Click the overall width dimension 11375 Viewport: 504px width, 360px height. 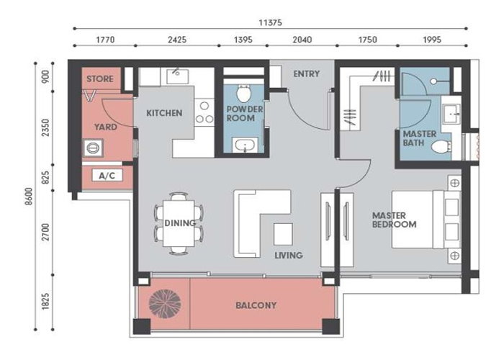270,22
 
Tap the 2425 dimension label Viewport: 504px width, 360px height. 177,40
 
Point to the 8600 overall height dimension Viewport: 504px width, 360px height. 29,197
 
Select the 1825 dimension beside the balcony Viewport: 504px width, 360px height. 45,301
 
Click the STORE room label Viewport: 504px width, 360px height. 100,78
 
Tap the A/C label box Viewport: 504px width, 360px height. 107,176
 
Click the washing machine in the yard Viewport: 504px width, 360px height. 93,148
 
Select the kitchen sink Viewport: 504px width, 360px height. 177,76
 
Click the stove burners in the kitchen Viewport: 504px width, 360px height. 204,112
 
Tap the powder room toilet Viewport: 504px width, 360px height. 243,93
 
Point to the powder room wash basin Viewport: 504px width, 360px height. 245,145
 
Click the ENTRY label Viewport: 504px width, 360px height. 306,74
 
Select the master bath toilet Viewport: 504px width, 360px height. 441,147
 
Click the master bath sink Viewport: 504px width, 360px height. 452,114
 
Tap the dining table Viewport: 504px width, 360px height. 179,223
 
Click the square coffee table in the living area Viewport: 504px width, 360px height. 283,234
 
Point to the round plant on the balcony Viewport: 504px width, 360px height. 165,304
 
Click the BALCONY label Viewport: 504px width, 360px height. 256,305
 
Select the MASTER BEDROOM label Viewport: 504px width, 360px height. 394,220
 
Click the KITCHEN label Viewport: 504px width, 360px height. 164,113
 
